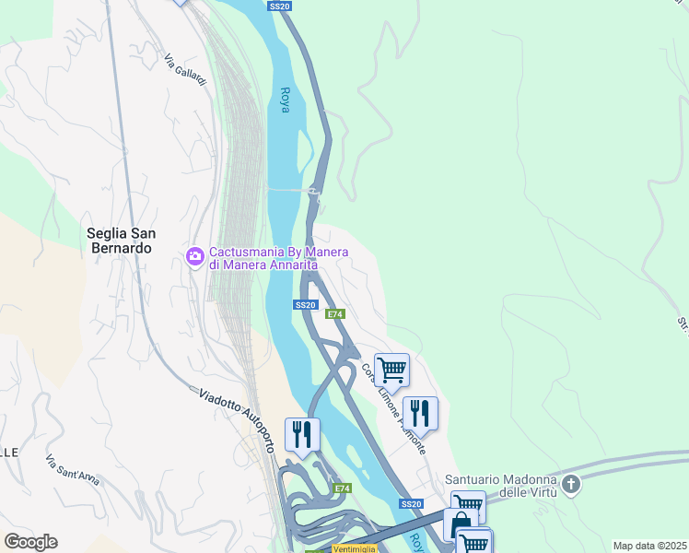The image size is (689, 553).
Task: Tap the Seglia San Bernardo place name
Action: [119, 241]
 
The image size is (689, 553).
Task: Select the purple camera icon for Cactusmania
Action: [194, 256]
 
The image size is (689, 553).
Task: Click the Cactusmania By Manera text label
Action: [270, 258]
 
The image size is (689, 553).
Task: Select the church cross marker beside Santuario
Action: [571, 484]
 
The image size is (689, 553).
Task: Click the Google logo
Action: [30, 542]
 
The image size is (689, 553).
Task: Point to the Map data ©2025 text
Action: [649, 546]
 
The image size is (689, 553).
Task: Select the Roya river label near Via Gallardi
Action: [285, 100]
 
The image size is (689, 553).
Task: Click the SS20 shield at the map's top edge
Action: [280, 6]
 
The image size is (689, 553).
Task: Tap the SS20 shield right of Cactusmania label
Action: [307, 304]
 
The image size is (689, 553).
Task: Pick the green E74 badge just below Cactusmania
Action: [335, 314]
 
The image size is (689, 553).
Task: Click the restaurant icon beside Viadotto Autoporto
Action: [302, 433]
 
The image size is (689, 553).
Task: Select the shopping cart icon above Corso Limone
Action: [391, 370]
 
